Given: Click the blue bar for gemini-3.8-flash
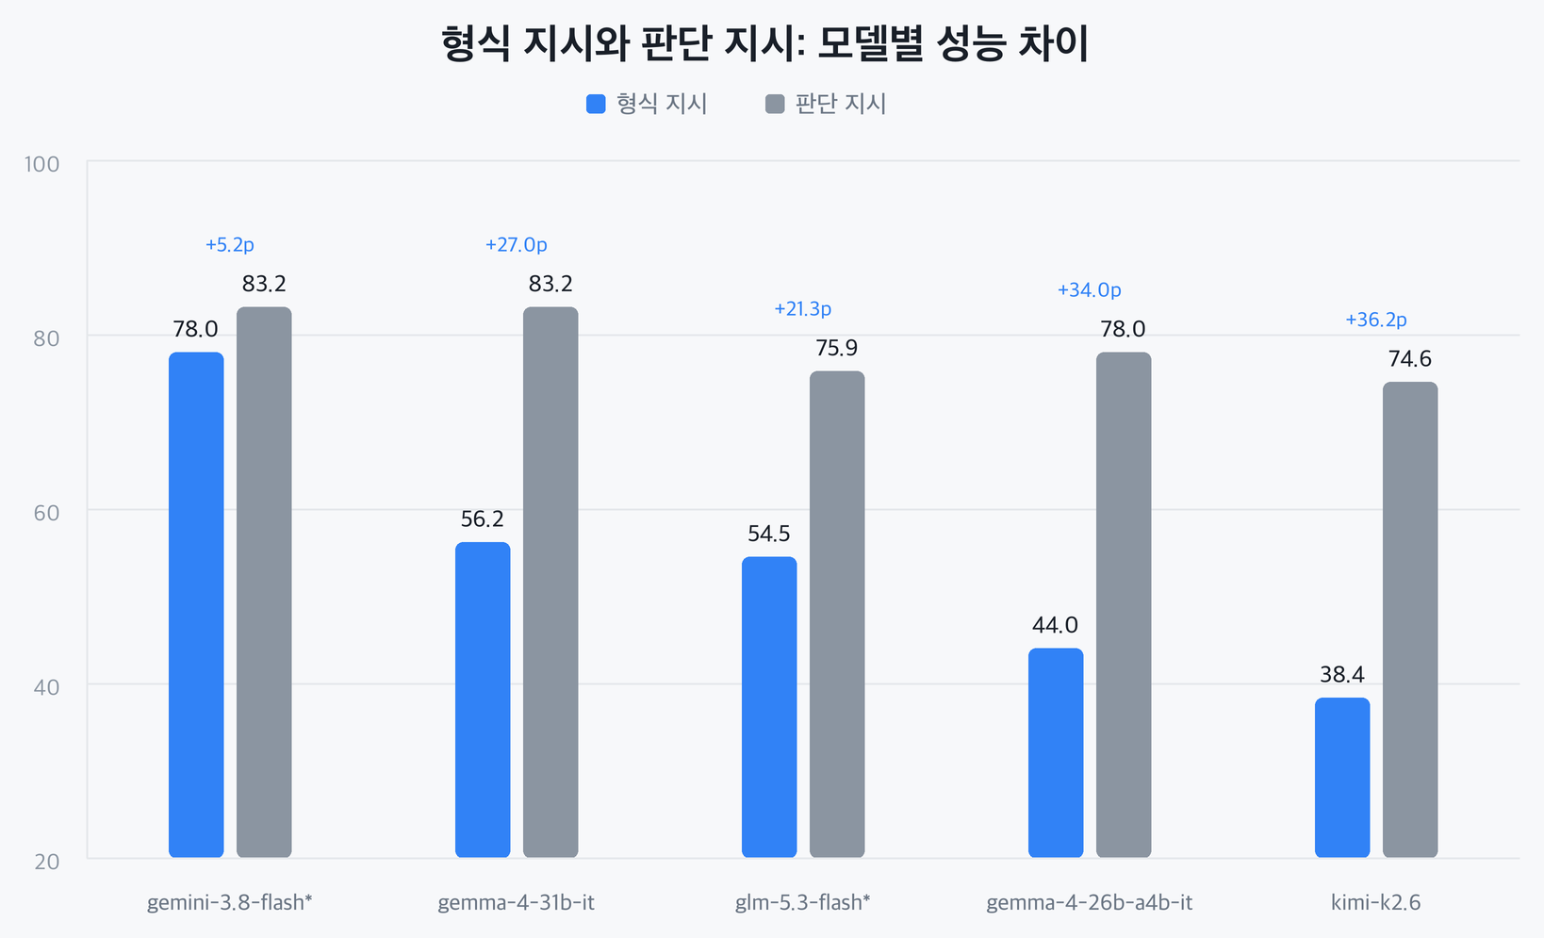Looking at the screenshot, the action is [196, 605].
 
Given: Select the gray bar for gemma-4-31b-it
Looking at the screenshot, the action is [550, 583].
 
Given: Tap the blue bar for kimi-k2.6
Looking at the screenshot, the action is [1342, 778].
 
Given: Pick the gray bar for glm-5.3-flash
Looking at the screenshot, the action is [837, 614].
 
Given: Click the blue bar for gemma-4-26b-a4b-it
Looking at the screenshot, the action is [1056, 752].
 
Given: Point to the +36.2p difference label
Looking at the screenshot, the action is [1376, 320].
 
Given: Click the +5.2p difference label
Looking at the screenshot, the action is [230, 245].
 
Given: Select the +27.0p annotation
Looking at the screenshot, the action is [517, 245].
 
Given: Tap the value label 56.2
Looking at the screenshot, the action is [483, 519].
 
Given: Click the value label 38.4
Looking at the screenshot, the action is [1342, 674].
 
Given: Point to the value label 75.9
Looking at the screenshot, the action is [837, 348].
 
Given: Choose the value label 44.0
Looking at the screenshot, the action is [1056, 625].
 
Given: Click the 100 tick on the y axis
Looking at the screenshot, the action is [42, 164].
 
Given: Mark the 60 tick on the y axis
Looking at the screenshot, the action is [47, 513].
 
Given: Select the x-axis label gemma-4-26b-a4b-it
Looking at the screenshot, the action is [1089, 903].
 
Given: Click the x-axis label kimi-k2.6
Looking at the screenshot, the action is [1376, 903].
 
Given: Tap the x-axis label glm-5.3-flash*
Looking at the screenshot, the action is [803, 903].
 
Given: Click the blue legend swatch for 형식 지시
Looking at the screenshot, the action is [596, 104].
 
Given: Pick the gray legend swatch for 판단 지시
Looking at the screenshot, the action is [775, 104].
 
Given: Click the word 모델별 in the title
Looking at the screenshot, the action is [871, 43].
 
